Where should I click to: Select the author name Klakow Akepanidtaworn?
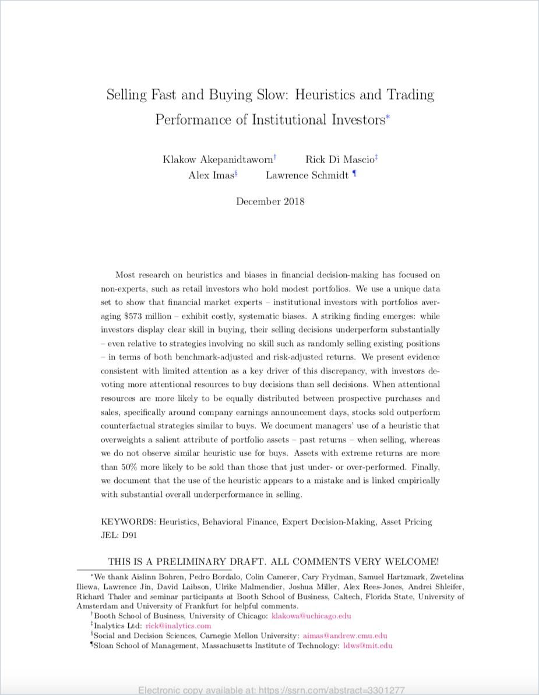pyautogui.click(x=217, y=160)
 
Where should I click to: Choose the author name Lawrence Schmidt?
pyautogui.click(x=307, y=175)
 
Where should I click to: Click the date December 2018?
pyautogui.click(x=270, y=202)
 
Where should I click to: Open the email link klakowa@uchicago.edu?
pyautogui.click(x=311, y=616)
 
